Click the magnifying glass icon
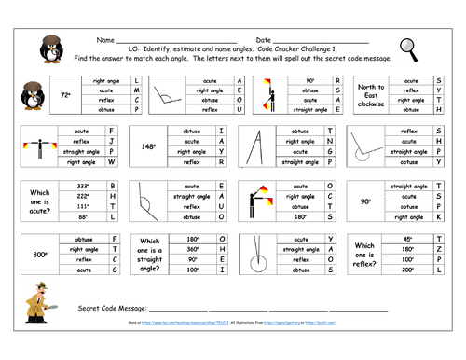pyautogui.click(x=406, y=48)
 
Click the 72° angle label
pyautogui.click(x=65, y=94)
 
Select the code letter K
pyautogui.click(x=438, y=216)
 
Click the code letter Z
pyautogui.click(x=438, y=249)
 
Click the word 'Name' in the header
pyautogui.click(x=105, y=42)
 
